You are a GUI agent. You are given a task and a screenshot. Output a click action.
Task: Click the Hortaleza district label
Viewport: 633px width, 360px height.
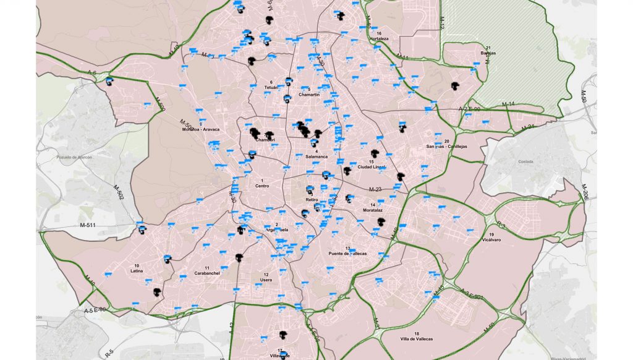(378, 38)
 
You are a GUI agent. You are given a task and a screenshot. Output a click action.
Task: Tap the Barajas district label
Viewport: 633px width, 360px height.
(488, 53)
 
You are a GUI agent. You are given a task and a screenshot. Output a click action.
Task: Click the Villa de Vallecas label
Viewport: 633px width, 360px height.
(416, 339)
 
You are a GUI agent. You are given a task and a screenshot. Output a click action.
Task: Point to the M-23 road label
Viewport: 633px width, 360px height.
(375, 189)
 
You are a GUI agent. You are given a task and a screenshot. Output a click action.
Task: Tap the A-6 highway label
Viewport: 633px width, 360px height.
(92, 73)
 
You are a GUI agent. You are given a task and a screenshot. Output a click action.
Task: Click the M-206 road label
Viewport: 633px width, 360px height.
(585, 192)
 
